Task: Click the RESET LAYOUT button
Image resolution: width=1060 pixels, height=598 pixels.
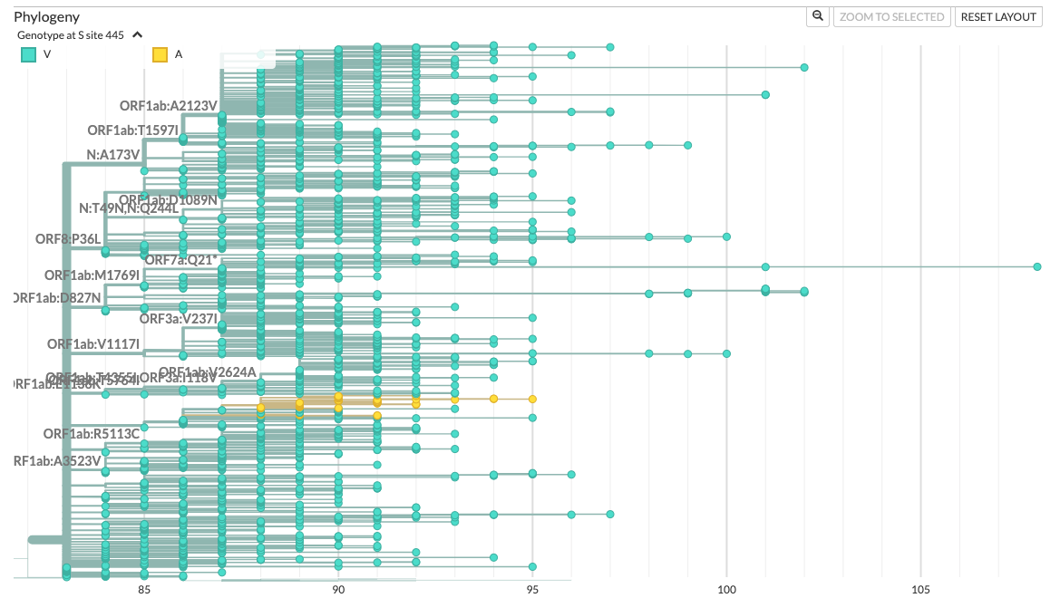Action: (x=998, y=16)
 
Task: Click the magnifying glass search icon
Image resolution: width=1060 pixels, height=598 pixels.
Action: (x=818, y=16)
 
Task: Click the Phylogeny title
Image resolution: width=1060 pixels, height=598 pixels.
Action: (x=46, y=17)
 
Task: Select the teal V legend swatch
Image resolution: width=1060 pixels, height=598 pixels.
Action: (x=28, y=54)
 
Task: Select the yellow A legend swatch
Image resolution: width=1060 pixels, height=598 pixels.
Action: (x=160, y=54)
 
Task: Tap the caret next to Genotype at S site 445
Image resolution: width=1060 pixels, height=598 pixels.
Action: (x=137, y=34)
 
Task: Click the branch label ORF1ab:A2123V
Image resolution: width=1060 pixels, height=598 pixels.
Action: (x=169, y=106)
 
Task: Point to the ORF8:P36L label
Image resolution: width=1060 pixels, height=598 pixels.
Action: (x=68, y=239)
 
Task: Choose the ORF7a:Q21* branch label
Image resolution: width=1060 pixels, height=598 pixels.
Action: (x=182, y=260)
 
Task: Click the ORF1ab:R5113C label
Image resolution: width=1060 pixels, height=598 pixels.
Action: (x=92, y=434)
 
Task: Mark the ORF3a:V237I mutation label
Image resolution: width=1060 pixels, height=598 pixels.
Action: (x=179, y=319)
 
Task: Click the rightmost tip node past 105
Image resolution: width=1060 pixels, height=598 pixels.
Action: (x=1037, y=266)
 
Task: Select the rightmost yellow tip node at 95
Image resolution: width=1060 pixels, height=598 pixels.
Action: (x=532, y=399)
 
